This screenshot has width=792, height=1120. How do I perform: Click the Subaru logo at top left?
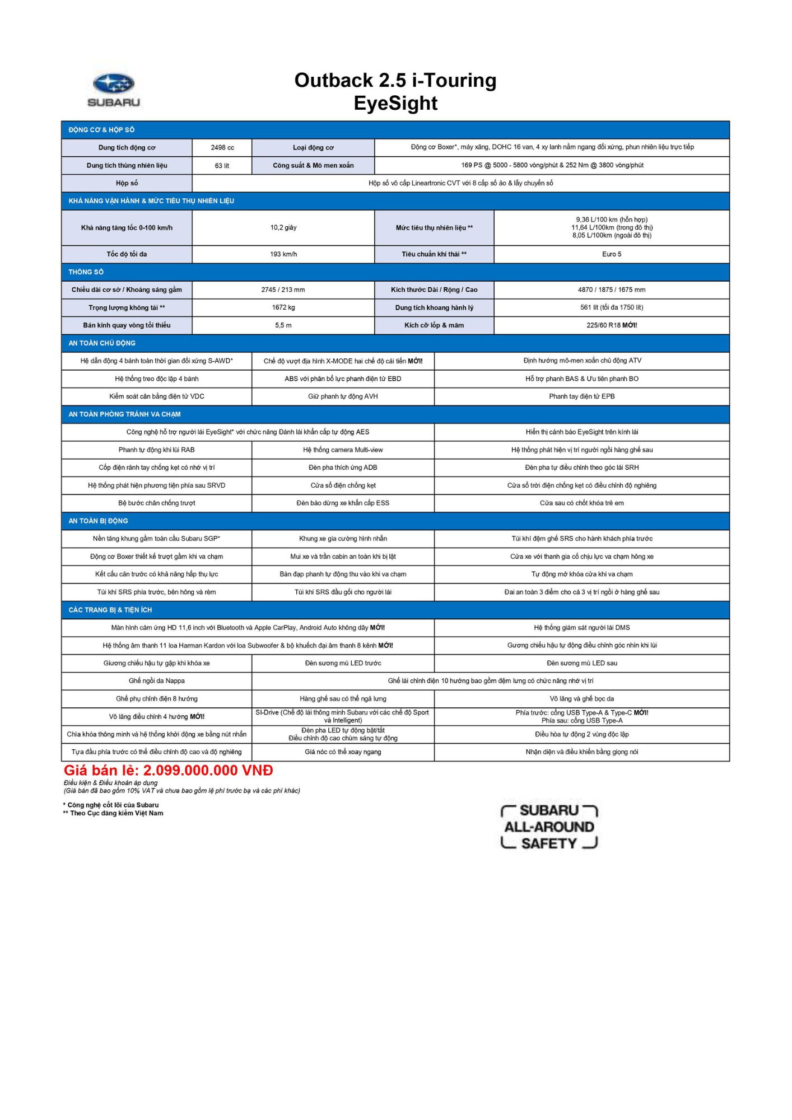click(114, 90)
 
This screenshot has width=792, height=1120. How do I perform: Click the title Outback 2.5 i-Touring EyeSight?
click(395, 91)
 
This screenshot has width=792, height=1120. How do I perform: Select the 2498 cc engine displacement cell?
click(222, 148)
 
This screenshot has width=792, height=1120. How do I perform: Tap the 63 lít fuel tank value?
click(222, 166)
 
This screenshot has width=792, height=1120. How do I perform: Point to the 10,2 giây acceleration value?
click(283, 228)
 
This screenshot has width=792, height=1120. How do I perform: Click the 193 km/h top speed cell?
click(283, 254)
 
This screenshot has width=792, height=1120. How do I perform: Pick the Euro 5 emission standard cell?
click(612, 254)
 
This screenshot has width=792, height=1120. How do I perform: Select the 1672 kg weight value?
click(283, 307)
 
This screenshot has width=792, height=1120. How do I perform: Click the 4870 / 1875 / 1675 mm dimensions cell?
click(612, 290)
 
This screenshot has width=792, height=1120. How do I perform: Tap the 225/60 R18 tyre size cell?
click(612, 325)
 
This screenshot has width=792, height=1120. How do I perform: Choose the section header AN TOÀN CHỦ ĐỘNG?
click(102, 343)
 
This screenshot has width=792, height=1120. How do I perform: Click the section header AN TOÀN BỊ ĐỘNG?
click(98, 521)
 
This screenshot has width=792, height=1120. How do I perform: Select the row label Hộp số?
click(127, 183)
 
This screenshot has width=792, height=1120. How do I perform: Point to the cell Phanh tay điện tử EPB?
click(582, 396)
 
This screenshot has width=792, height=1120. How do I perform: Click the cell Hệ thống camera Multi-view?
click(343, 450)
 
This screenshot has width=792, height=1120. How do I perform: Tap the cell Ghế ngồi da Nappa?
click(157, 681)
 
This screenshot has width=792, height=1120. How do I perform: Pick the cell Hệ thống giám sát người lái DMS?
click(582, 628)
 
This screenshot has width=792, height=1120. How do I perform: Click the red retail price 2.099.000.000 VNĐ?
click(169, 771)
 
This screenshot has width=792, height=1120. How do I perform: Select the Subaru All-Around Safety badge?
click(549, 827)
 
